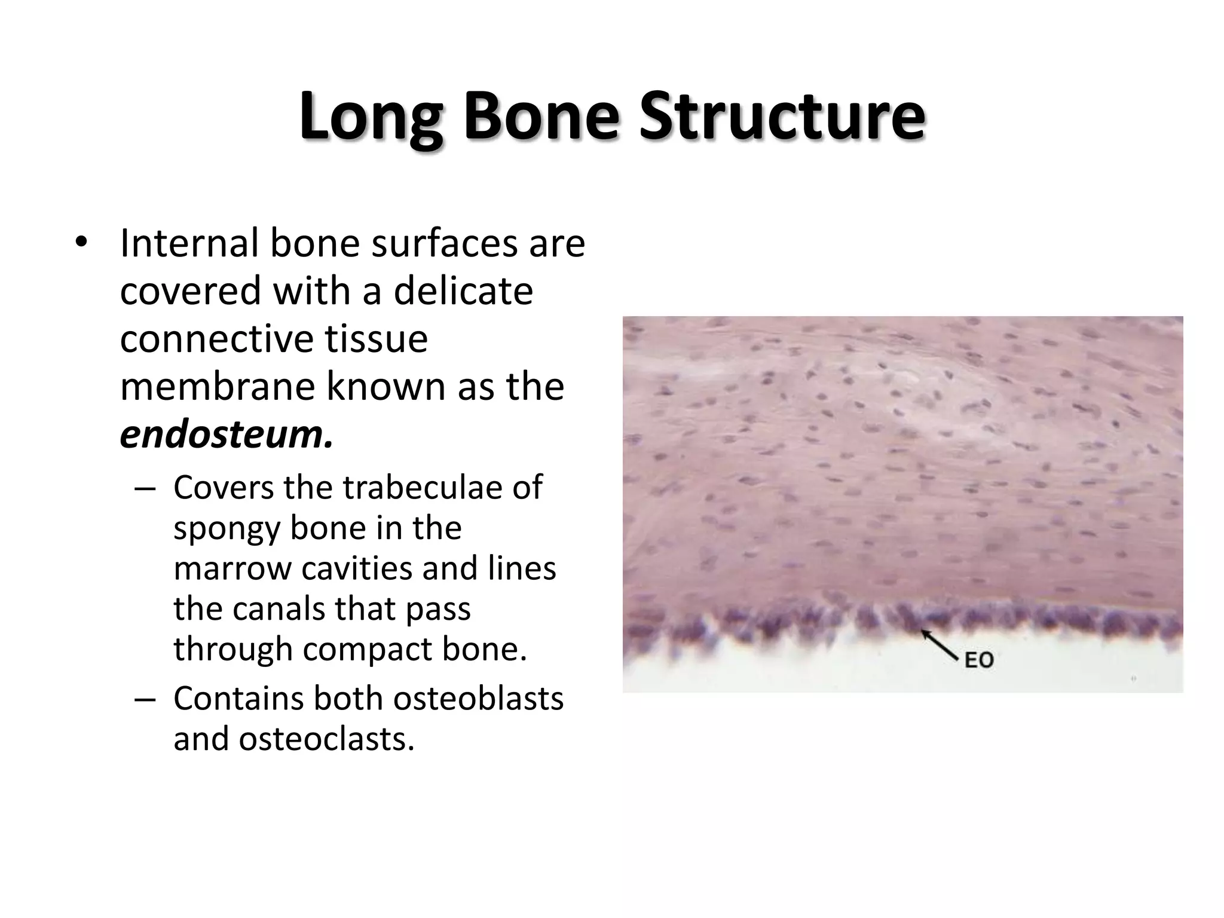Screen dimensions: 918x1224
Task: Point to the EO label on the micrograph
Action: (979, 660)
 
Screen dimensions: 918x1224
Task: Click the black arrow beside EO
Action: (940, 645)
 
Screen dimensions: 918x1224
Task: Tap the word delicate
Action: (463, 291)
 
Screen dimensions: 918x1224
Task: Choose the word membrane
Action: (218, 387)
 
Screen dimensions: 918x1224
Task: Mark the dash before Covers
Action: (145, 488)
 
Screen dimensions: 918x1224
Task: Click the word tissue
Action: (377, 339)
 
